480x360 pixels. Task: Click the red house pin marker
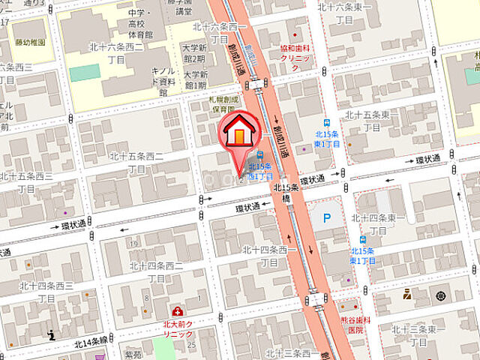click(238, 132)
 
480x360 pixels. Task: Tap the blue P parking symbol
click(326, 218)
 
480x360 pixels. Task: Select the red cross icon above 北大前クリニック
click(177, 310)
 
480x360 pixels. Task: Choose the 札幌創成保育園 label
click(223, 104)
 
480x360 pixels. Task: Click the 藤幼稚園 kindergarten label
click(30, 43)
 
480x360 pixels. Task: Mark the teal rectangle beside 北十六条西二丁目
click(85, 73)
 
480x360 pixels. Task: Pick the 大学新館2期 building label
click(193, 52)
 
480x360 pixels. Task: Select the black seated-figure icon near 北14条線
click(51, 334)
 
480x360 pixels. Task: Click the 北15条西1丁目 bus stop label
click(259, 170)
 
